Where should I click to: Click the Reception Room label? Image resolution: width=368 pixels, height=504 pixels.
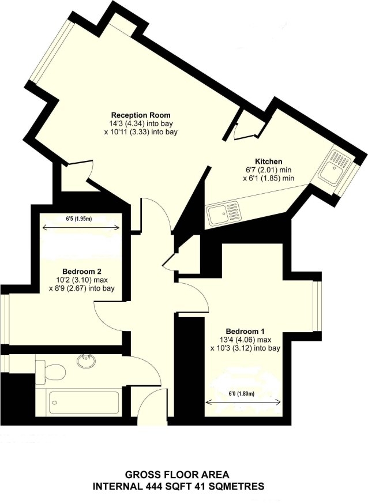(x=141, y=115)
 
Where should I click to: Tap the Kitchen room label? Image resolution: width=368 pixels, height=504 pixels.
(x=268, y=161)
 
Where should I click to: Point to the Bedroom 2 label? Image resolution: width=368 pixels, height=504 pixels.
(x=82, y=271)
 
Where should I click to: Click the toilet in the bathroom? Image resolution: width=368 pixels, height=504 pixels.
(x=51, y=371)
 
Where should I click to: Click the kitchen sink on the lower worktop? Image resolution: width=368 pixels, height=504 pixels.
(x=223, y=213)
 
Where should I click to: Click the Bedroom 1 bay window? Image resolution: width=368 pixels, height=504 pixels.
(x=318, y=306)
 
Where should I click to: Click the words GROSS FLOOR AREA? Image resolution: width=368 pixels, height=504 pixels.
(x=177, y=474)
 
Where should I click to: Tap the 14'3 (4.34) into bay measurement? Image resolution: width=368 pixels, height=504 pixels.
(x=141, y=123)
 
